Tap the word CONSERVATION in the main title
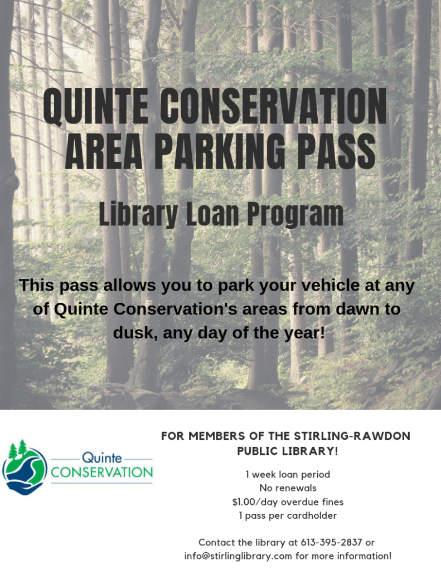point(273,106)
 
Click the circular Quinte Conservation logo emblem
point(25,468)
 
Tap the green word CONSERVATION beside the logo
point(102,472)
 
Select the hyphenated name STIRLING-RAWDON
point(352,436)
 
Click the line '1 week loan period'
point(288,474)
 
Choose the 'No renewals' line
point(288,488)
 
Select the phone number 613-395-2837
point(331,542)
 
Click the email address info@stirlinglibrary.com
point(238,556)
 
